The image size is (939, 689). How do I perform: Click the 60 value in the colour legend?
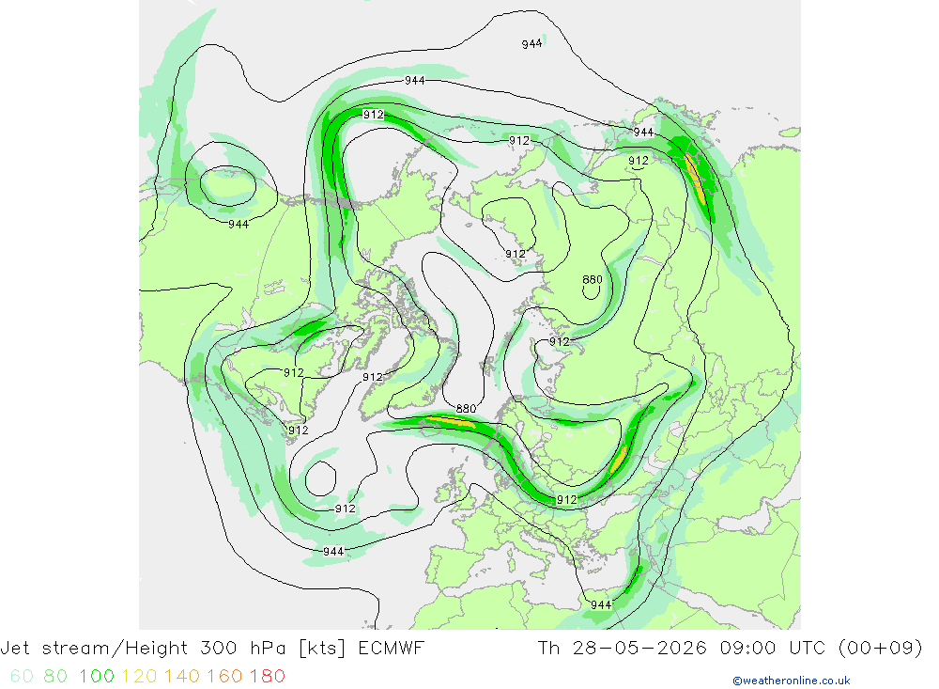22,677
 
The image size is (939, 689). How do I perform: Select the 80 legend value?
55,677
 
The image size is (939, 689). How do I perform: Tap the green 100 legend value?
97,677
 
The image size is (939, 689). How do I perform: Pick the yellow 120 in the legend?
139,677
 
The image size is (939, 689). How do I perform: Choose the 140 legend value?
182,677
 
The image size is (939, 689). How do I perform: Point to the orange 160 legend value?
224,677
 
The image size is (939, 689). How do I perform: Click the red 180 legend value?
267,677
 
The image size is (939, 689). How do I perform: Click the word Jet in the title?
15,649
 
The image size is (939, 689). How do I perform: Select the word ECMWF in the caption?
391,649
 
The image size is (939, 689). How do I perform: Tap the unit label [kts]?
322,649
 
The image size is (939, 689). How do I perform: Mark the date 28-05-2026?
639,649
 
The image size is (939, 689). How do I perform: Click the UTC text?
808,649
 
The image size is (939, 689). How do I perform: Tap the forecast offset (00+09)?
881,649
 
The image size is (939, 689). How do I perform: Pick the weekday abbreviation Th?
548,649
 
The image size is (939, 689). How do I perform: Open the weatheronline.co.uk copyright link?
791,681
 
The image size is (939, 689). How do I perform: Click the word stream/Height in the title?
115,649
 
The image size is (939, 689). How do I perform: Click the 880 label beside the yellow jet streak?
466,408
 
